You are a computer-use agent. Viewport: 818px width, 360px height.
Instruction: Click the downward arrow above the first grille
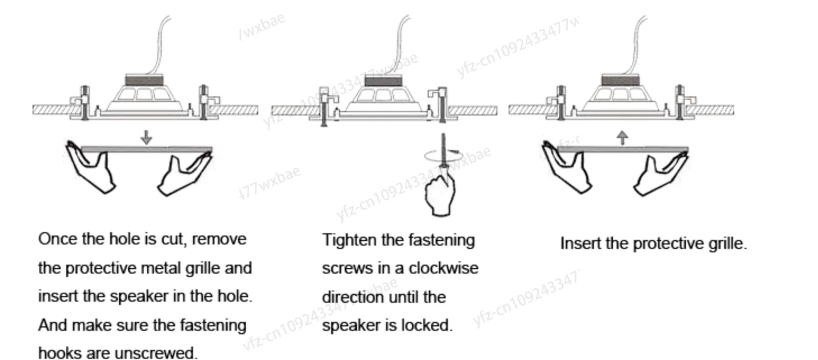pos(146,137)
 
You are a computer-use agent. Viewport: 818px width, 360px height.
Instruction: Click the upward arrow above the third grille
pos(622,137)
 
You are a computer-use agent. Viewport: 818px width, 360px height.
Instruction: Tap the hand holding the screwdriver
pos(440,193)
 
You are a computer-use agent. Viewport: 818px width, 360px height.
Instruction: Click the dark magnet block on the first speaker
pos(144,81)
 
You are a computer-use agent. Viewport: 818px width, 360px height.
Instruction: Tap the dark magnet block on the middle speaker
pos(382,81)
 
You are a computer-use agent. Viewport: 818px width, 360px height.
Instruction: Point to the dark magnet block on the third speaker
pos(620,81)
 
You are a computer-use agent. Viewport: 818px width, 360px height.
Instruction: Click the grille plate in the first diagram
pos(146,149)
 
